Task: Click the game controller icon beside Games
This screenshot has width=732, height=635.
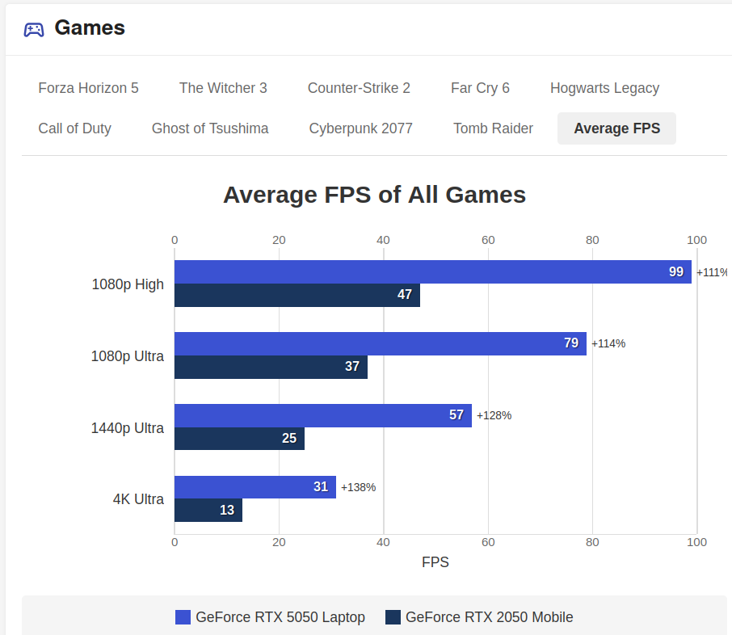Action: [34, 29]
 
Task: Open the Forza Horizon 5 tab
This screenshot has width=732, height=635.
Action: [88, 88]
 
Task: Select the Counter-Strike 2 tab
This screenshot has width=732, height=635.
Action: [359, 88]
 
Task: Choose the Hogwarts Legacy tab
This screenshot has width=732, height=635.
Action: [604, 88]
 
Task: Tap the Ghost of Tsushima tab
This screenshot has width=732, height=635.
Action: [210, 128]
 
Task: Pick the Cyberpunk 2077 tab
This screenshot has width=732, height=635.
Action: [360, 128]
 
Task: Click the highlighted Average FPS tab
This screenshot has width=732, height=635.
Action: [616, 128]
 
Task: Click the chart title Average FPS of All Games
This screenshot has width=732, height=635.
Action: [374, 195]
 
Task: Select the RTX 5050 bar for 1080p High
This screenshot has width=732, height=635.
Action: [433, 271]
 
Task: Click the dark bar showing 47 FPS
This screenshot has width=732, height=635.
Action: [297, 295]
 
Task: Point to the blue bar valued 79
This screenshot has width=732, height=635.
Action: [381, 343]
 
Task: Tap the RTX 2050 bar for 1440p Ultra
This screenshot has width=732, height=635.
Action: [239, 439]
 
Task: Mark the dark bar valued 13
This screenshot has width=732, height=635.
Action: [208, 510]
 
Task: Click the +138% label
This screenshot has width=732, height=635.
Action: [358, 487]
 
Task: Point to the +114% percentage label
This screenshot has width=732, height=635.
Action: [608, 343]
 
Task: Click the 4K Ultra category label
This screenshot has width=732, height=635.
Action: [138, 499]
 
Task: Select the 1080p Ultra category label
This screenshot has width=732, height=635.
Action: [128, 356]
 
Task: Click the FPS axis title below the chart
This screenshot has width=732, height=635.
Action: [435, 561]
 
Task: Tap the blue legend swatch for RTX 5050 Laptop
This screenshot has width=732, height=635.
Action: [183, 617]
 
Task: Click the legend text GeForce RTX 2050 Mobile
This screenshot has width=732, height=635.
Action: [489, 617]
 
